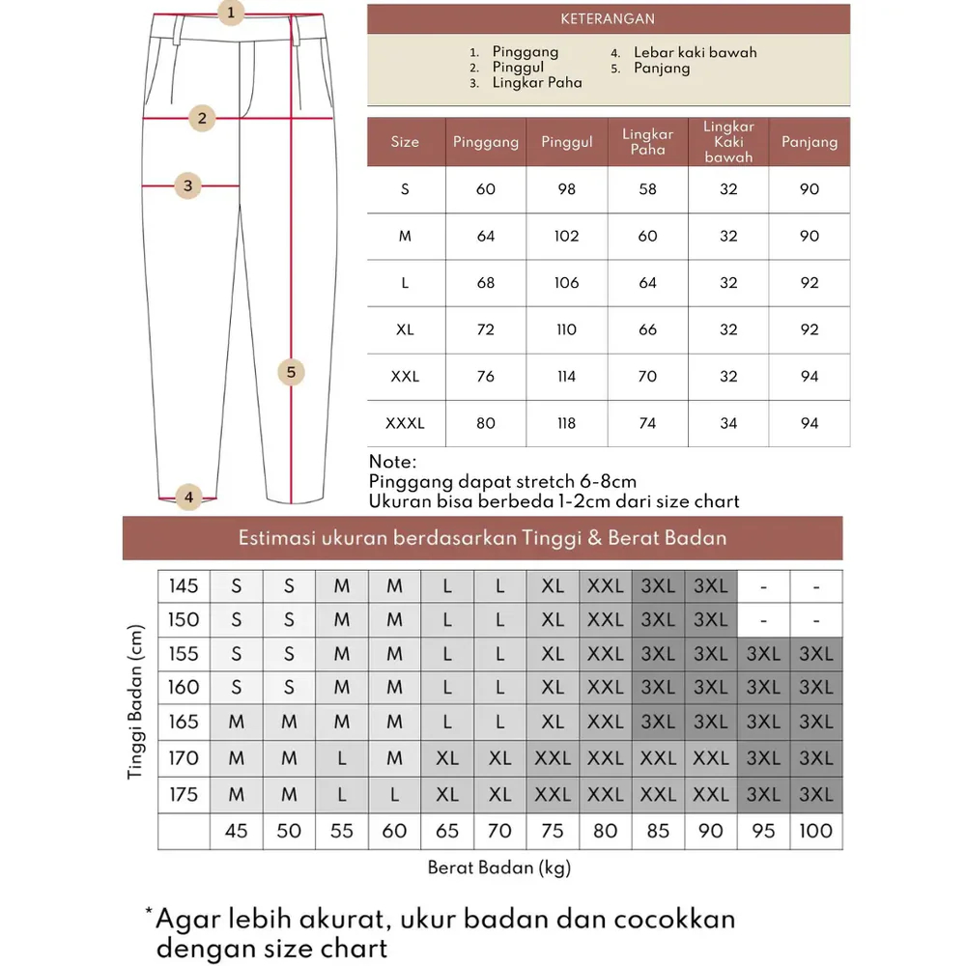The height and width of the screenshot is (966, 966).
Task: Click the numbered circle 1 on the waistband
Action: pyautogui.click(x=230, y=14)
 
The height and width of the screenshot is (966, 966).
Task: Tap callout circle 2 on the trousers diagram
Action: pyautogui.click(x=202, y=119)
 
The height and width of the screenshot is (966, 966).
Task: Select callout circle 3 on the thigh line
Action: pyautogui.click(x=188, y=185)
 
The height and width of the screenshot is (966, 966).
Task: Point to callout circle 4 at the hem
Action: pyautogui.click(x=188, y=497)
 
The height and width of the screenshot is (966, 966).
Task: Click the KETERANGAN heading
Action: pyautogui.click(x=608, y=19)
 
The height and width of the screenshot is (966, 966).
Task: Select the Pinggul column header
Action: pyautogui.click(x=566, y=142)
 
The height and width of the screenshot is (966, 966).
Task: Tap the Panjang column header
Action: pyautogui.click(x=809, y=142)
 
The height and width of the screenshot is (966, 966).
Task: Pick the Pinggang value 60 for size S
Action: pyautogui.click(x=485, y=189)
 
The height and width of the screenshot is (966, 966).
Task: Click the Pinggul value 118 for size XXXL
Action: pyautogui.click(x=566, y=423)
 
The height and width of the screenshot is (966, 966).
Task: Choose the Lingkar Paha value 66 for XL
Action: pyautogui.click(x=647, y=329)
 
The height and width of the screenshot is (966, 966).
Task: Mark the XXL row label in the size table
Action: pyautogui.click(x=405, y=377)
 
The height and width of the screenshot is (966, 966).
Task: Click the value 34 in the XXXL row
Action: pyautogui.click(x=728, y=423)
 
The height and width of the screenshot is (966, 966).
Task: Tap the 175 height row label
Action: pyautogui.click(x=184, y=794)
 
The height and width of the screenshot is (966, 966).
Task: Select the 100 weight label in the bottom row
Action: pyautogui.click(x=816, y=831)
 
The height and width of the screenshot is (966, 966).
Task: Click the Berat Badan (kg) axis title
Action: pyautogui.click(x=499, y=867)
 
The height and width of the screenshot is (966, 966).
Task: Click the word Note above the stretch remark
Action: pyautogui.click(x=393, y=462)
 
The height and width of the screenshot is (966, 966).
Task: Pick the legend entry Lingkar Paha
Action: pyautogui.click(x=537, y=83)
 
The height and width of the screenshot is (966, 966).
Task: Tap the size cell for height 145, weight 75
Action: pyautogui.click(x=553, y=586)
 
